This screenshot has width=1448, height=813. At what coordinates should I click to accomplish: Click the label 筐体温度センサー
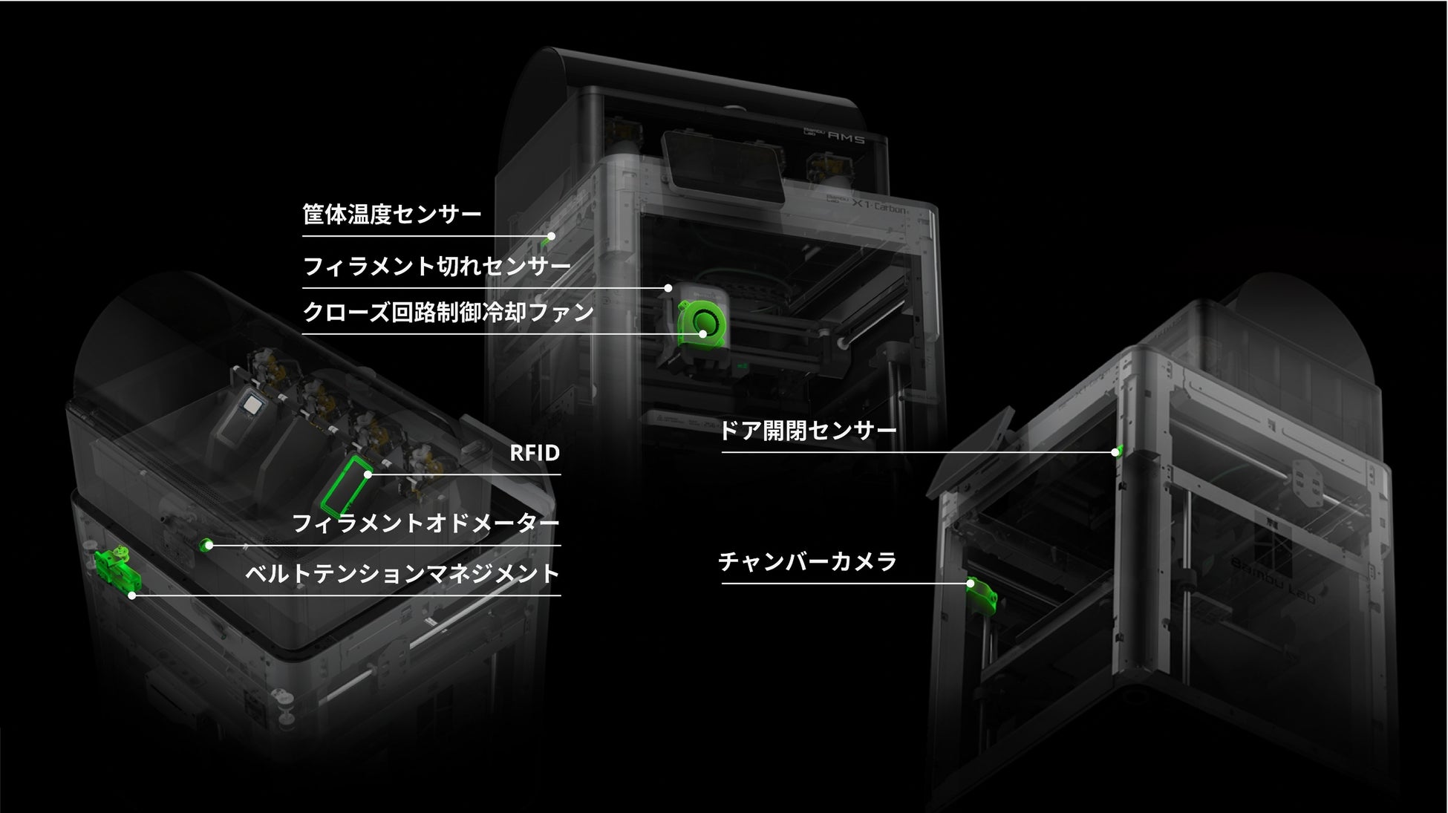[391, 215]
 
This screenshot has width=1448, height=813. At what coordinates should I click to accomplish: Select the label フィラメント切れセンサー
[437, 266]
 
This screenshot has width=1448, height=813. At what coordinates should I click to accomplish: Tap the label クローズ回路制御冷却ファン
[449, 312]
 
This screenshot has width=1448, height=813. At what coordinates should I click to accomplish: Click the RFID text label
[534, 453]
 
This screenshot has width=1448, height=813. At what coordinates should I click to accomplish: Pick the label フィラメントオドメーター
[425, 523]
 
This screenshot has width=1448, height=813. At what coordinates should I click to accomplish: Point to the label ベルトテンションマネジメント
[402, 573]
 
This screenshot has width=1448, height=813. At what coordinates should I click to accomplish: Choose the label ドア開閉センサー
[808, 431]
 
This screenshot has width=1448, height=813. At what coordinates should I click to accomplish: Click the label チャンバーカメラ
[807, 561]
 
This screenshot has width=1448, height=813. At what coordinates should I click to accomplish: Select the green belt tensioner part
[114, 568]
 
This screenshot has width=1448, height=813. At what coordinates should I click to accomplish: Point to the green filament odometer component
[206, 545]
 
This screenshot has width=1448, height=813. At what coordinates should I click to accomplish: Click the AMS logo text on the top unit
[846, 137]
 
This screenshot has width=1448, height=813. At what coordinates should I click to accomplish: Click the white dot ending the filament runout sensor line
[668, 288]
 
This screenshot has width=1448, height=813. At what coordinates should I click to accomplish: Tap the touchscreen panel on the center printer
[722, 168]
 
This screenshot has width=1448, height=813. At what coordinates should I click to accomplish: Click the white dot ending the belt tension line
[132, 595]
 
